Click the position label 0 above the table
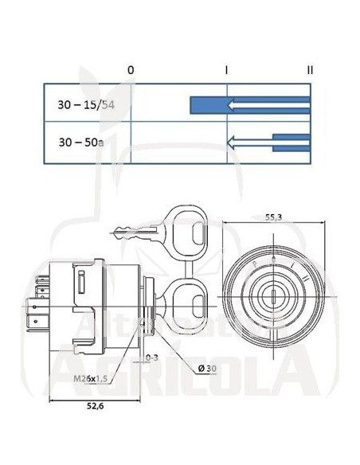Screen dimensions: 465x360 [x=130, y=70]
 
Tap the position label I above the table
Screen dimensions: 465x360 [x=227, y=70]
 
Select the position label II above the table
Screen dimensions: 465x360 [x=310, y=70]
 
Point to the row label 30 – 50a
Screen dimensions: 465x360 [x=81, y=143]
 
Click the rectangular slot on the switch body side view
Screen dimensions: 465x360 [x=82, y=280]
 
